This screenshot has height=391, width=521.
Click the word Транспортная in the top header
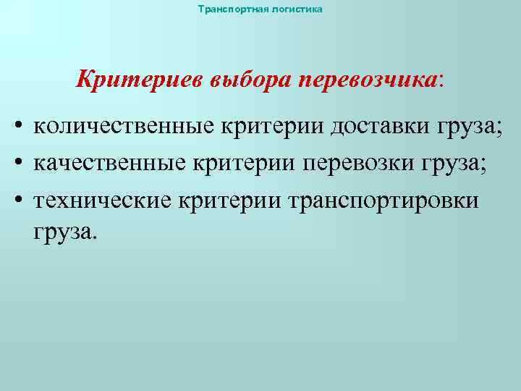click(x=224, y=9)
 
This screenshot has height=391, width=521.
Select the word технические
click(x=101, y=199)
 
